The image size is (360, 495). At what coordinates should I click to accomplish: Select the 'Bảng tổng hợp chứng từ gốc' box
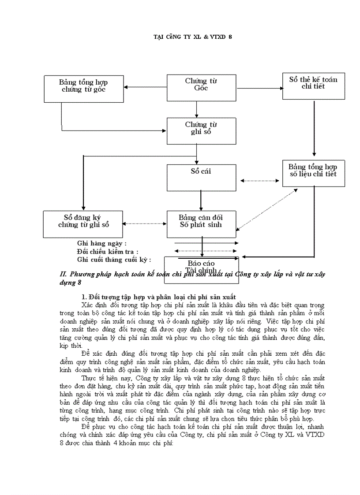point(83,89)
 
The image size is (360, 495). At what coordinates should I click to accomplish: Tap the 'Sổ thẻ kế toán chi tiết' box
point(313,86)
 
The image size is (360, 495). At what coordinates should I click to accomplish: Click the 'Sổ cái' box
point(201,178)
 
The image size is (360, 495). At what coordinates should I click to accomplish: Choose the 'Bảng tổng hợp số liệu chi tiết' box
point(313,173)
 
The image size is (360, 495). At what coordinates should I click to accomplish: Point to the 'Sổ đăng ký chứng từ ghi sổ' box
point(83,223)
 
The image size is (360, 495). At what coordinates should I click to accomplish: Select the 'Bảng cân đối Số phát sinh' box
point(201,223)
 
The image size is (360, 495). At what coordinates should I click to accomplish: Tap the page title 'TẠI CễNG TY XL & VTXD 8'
point(192,37)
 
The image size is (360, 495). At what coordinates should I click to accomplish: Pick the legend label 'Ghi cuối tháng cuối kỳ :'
point(114,260)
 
